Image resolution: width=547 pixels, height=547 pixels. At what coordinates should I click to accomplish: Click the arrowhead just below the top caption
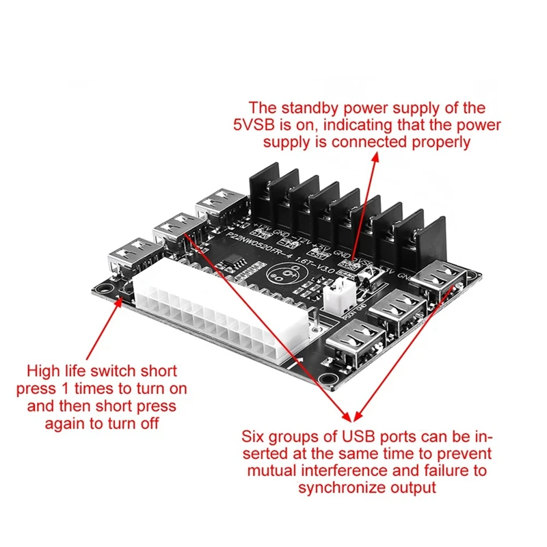click(x=375, y=156)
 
